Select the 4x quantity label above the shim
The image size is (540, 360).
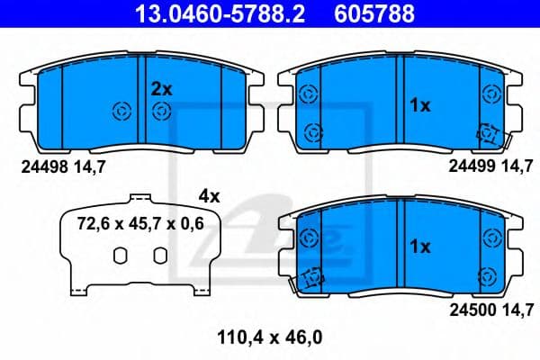pos(209,195)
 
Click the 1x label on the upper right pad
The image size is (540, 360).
pos(420,105)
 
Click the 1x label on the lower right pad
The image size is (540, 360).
pos(420,246)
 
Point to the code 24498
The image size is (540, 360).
pos(39,166)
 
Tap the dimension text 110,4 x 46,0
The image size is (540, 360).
pos(270,338)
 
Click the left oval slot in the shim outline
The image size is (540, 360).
pos(119,256)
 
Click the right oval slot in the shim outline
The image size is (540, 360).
pos(158,256)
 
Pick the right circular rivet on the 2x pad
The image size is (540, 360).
pos(162,111)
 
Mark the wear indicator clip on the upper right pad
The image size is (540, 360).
pos(490,133)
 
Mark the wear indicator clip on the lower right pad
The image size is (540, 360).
pos(311,279)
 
